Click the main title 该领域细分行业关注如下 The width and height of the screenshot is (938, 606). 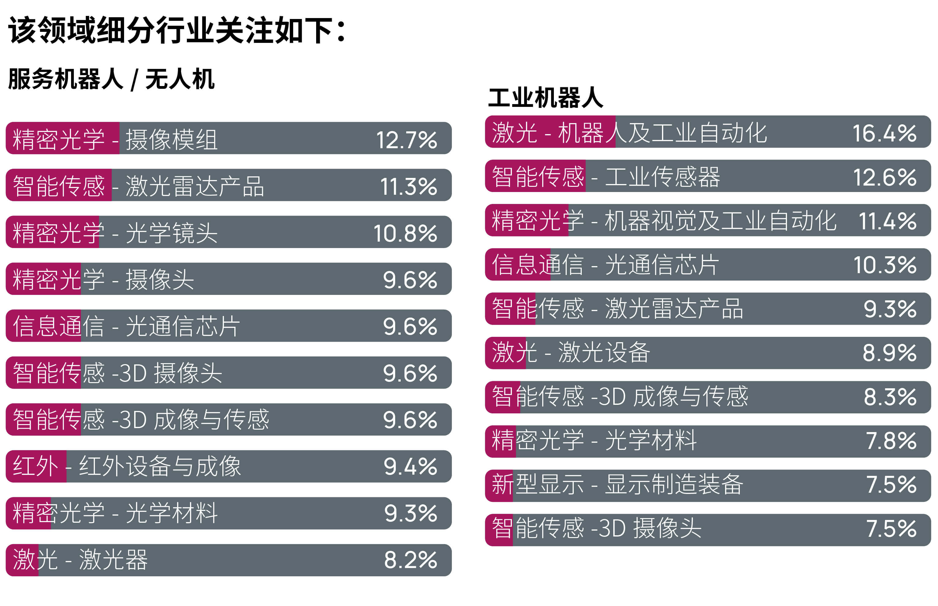click(x=177, y=31)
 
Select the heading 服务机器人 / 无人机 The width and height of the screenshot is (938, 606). click(x=112, y=79)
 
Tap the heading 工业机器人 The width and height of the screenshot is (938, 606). click(x=545, y=98)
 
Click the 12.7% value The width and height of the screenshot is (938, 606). click(x=406, y=140)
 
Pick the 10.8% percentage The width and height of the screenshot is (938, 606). click(x=405, y=233)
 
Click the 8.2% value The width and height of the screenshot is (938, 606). click(x=410, y=560)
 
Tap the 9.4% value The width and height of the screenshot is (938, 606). click(x=410, y=467)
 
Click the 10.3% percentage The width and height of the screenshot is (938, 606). click(x=884, y=265)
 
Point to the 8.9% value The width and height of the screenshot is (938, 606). click(x=889, y=352)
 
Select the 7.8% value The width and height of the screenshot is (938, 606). click(x=891, y=441)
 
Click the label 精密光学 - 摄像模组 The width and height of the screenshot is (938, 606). click(x=115, y=140)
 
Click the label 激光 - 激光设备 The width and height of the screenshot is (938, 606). click(x=571, y=352)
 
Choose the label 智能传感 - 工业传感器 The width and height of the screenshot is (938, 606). click(x=606, y=177)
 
